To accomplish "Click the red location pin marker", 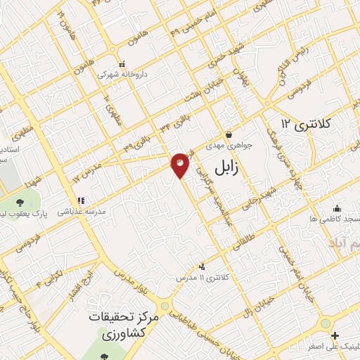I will click(180, 165).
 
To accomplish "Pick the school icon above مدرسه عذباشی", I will click(82, 200).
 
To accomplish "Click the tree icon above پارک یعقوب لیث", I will click(19, 202).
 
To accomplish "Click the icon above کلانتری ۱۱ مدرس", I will click(202, 266).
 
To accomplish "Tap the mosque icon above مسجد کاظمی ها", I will click(337, 208).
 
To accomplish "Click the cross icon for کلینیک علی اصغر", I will click(335, 335).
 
